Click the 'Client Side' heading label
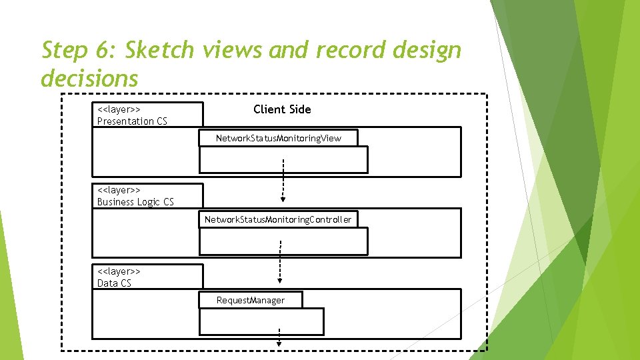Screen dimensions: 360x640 [x=282, y=109]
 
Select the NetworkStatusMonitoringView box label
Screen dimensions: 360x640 [x=278, y=138]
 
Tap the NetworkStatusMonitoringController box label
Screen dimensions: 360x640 [x=277, y=219]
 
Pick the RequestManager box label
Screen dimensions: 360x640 [x=250, y=301]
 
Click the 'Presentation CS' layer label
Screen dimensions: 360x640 [x=132, y=121]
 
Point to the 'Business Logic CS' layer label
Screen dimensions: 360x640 [x=135, y=202]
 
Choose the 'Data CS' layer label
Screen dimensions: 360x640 [x=114, y=283]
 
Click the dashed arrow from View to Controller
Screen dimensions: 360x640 [x=283, y=180]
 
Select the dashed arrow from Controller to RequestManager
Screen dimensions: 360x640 [x=279, y=261]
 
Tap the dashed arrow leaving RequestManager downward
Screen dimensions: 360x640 [x=279, y=337]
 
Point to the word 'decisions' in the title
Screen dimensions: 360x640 [x=89, y=78]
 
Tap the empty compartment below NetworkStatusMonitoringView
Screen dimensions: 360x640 [x=283, y=160]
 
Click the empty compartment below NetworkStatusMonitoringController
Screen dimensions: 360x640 [x=283, y=241]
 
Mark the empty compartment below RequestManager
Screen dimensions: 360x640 [x=261, y=321]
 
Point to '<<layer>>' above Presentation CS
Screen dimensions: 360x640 [x=119, y=109]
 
